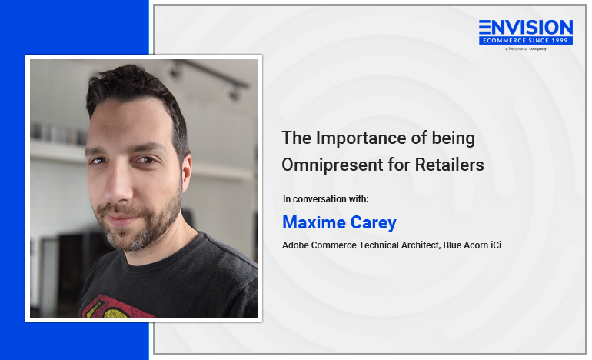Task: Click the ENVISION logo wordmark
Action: click(526, 28)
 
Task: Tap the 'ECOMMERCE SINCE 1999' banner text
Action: click(526, 41)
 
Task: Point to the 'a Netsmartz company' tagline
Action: click(526, 48)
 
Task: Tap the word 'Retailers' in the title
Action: click(449, 165)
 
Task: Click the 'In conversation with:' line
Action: click(325, 199)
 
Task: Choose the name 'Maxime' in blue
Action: click(314, 222)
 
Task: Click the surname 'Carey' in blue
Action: click(374, 223)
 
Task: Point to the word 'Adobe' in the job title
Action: click(296, 245)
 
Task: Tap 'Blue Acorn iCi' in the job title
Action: click(472, 245)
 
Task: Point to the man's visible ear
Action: click(186, 171)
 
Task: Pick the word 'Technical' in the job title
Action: click(378, 245)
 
